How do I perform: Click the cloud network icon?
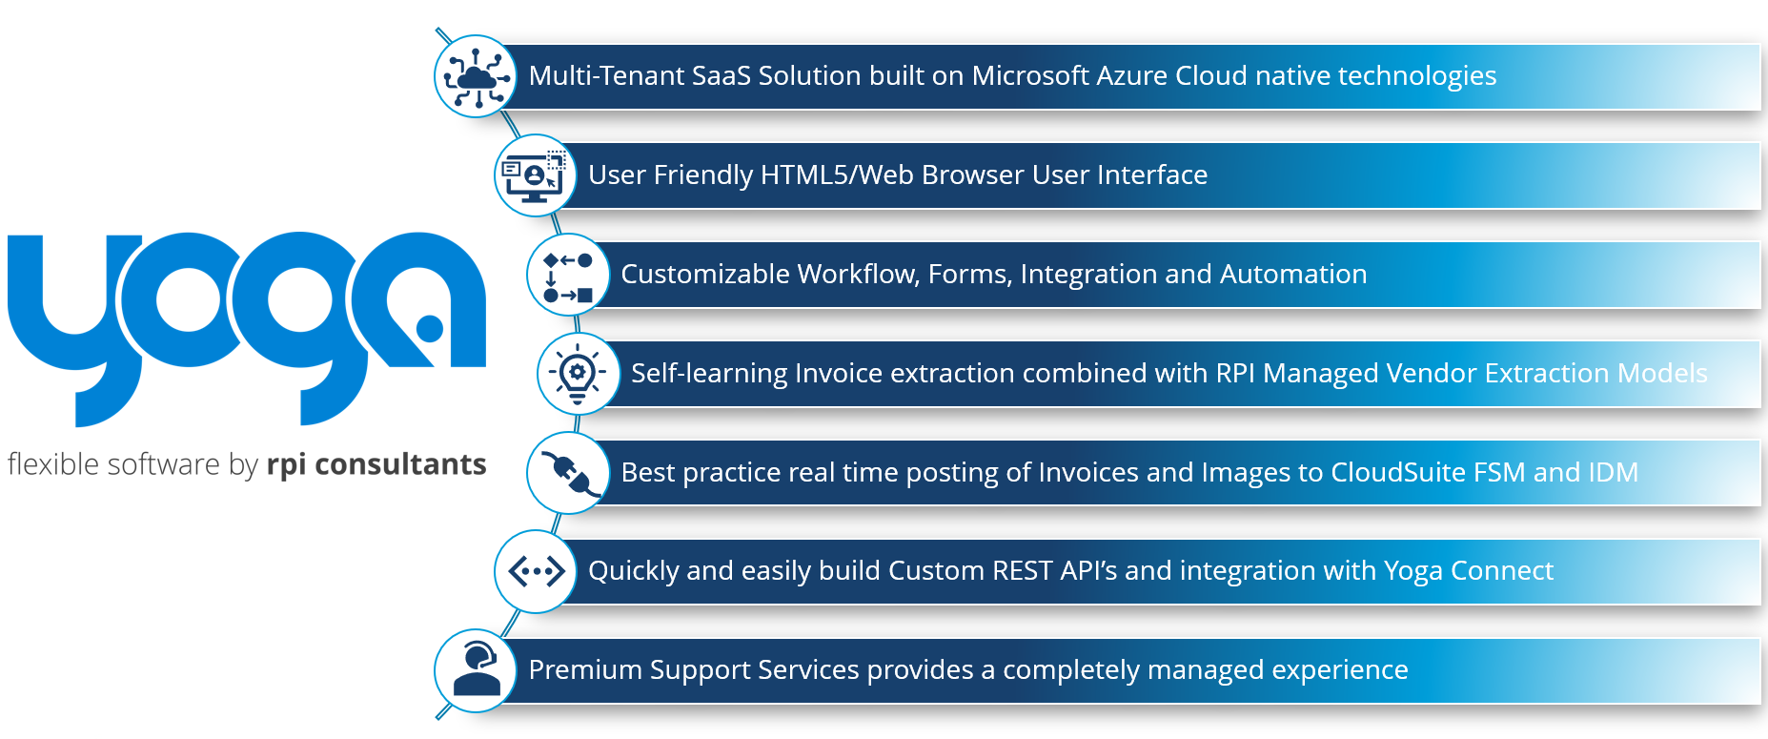point(476,76)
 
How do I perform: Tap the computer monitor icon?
point(535,175)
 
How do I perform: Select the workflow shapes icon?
point(568,276)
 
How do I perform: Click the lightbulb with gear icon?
point(578,374)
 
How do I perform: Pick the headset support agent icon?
point(478,669)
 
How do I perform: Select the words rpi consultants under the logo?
point(376,465)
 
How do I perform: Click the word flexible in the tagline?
point(53,464)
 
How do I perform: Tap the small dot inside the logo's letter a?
point(430,328)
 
